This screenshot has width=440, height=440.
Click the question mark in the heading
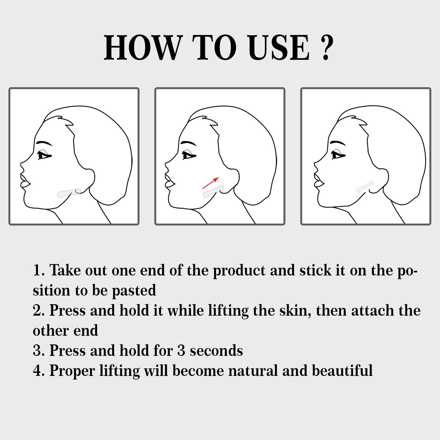pos(327,48)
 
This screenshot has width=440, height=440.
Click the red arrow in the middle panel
pos(211,183)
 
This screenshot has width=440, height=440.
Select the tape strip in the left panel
pos(69,193)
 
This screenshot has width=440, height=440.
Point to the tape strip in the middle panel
pos(213,192)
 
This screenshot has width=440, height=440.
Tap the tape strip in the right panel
pos(365,186)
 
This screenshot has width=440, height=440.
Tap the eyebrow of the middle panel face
pos(189,144)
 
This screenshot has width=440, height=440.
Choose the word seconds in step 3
pos(216,351)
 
